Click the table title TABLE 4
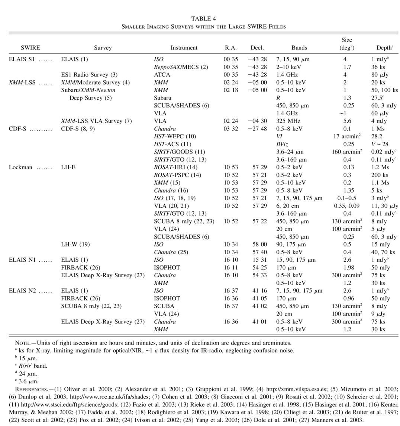coord(203,19)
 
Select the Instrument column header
coord(184,48)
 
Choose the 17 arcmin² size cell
coord(348,136)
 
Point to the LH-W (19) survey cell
coord(75,244)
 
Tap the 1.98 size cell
coord(348,267)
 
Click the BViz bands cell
coord(282,144)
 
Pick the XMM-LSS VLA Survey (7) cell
coord(96,121)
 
